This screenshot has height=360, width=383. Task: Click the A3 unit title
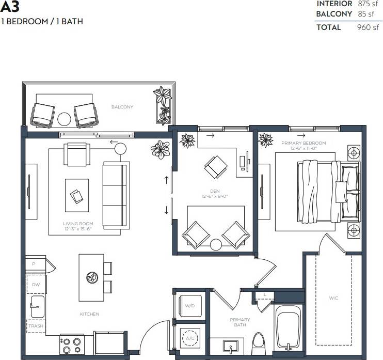[x=10, y=7]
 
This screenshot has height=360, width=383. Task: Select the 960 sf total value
[x=368, y=27]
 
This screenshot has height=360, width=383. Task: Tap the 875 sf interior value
[x=368, y=4]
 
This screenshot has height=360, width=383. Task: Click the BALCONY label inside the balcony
[x=122, y=107]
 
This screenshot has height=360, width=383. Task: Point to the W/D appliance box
[x=189, y=306]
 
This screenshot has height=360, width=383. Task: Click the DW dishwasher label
[x=36, y=285]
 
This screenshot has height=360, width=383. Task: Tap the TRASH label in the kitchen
[x=36, y=326]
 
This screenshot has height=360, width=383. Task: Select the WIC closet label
[x=333, y=298]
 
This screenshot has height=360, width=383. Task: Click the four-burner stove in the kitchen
[x=72, y=343]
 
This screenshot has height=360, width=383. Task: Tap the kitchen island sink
[x=92, y=277]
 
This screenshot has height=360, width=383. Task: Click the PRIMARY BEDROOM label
[x=304, y=143]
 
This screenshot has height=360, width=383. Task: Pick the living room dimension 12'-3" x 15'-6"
[x=78, y=228]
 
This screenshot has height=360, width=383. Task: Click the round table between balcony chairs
[x=64, y=119]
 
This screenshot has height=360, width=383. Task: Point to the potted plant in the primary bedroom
[x=266, y=138]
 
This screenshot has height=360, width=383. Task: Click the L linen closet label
[x=264, y=294]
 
